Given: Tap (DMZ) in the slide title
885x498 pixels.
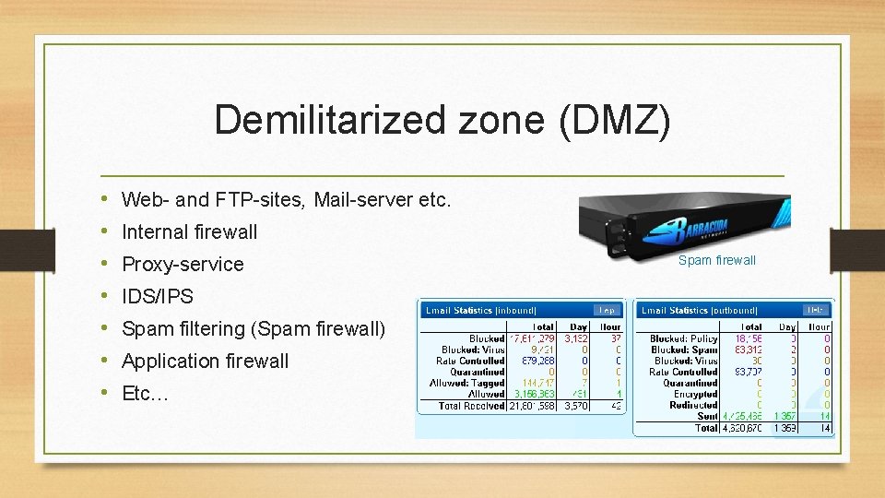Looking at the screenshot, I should [x=614, y=121].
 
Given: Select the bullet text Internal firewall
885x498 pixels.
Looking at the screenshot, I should [x=189, y=231].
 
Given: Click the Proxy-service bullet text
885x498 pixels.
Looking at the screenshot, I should [x=183, y=264].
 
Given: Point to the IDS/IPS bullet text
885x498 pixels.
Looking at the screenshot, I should [x=158, y=296].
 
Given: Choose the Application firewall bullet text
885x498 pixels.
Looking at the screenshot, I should [x=205, y=361].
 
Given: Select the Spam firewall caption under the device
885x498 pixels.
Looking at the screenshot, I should [x=716, y=260].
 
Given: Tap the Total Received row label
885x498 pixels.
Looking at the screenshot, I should [x=471, y=406].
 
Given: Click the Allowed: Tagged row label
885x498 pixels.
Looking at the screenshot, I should [x=467, y=383].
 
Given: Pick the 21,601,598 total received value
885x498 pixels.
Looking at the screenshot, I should [x=532, y=406].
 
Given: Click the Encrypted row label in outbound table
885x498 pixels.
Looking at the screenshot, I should [x=695, y=394].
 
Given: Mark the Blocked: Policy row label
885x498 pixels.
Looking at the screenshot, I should [x=683, y=338].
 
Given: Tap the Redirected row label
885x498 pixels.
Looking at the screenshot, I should [x=694, y=405].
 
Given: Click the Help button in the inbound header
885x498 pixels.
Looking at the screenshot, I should [x=608, y=311].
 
